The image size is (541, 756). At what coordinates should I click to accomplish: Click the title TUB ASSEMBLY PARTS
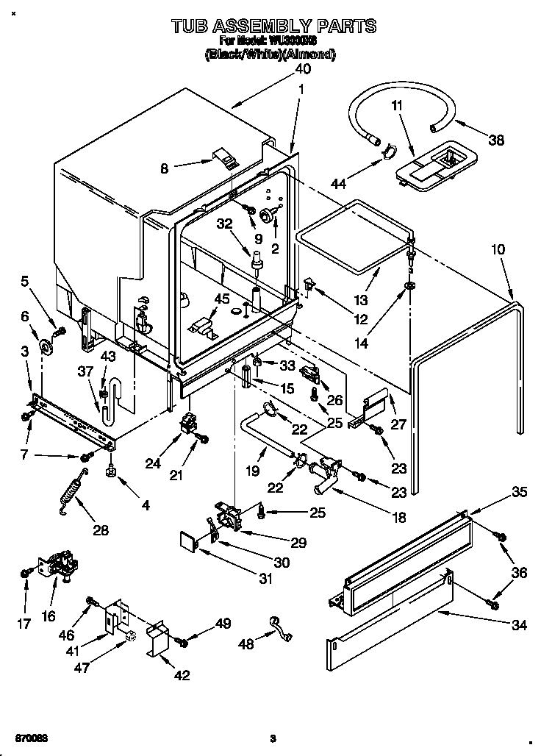click(x=273, y=26)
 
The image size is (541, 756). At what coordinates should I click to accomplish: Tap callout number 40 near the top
click(x=302, y=68)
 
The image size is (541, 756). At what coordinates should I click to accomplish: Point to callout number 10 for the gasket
click(x=498, y=250)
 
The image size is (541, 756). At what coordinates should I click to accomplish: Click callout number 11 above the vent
click(x=397, y=106)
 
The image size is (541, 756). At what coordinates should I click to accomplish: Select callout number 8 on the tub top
click(x=164, y=168)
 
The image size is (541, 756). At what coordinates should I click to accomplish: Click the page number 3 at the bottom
click(x=272, y=738)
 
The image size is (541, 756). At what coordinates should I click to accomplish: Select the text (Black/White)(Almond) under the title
click(x=270, y=54)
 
